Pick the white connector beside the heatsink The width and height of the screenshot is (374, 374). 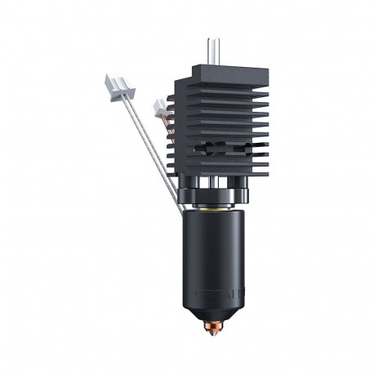point(161,107)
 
